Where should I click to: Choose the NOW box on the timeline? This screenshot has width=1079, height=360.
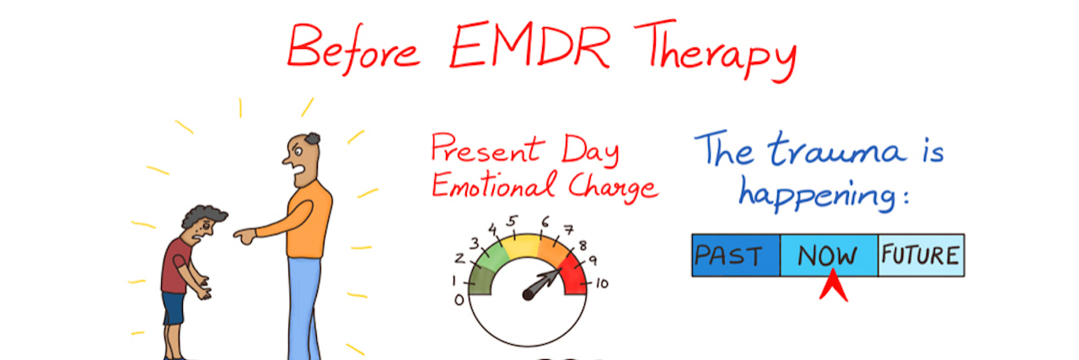tap(829, 255)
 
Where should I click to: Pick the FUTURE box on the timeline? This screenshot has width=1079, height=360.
tap(921, 255)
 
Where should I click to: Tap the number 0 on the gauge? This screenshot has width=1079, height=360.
tap(459, 298)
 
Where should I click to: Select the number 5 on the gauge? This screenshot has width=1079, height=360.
tap(511, 222)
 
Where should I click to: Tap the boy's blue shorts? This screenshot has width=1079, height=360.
tap(174, 307)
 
